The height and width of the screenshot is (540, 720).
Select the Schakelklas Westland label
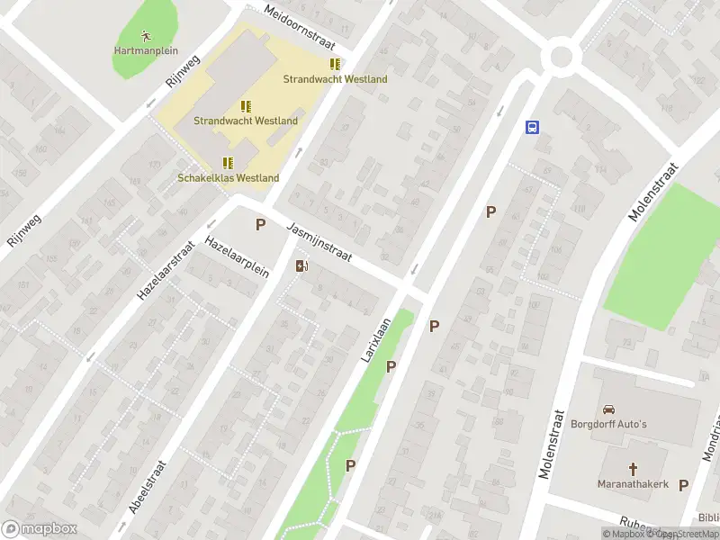click(x=229, y=178)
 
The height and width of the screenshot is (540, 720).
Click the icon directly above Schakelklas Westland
click(x=229, y=163)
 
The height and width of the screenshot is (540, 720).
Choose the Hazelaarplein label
click(x=238, y=260)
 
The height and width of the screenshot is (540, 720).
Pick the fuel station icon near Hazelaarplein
click(x=301, y=265)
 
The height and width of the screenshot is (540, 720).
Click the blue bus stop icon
click(x=533, y=127)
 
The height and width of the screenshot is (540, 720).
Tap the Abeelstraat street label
click(x=148, y=487)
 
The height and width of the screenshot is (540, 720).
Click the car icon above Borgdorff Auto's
click(x=608, y=408)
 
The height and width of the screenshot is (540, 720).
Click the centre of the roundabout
click(x=562, y=57)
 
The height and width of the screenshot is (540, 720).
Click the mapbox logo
click(x=40, y=529)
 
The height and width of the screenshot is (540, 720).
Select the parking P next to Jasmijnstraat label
click(x=261, y=225)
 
